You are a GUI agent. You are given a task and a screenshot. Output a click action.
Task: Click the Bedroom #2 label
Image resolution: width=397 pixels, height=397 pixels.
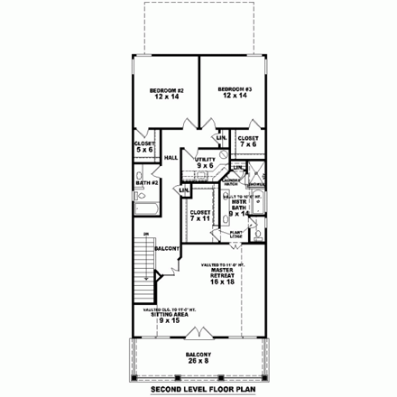(166, 89)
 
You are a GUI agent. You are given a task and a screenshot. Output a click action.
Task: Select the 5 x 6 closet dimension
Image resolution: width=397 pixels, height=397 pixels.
(145, 150)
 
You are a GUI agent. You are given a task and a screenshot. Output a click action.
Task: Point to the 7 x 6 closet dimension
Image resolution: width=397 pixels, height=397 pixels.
(248, 144)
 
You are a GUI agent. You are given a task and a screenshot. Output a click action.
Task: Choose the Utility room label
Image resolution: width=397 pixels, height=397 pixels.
(205, 159)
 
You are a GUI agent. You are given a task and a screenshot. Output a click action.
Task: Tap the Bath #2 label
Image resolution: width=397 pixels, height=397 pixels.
(147, 183)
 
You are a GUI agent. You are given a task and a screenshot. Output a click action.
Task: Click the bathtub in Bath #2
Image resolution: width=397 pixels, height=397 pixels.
(143, 209)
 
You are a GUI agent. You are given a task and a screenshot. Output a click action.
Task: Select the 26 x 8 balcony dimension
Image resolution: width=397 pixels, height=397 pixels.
(198, 361)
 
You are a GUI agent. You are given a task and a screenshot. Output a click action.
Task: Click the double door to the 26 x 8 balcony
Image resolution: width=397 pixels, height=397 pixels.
(199, 341)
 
